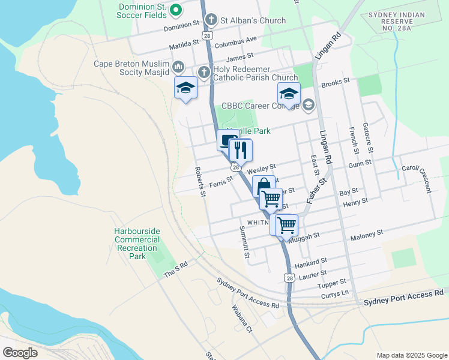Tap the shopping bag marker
pos(263,187)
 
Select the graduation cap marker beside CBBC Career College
pos(289,94)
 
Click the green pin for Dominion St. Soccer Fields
pos(176,10)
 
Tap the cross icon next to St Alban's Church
pos(211,20)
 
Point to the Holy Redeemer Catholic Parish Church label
pos(259,73)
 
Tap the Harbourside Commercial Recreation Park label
pos(137,244)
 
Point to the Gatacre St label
pos(369,137)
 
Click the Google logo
pos(20,352)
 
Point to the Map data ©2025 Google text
pos(411,355)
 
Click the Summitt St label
pos(244,242)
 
